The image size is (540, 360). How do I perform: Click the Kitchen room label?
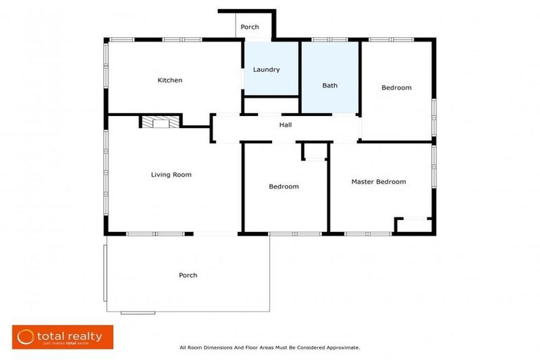[x=169, y=80]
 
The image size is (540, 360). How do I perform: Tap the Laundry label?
[x=266, y=70]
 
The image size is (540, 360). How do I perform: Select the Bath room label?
[x=330, y=86]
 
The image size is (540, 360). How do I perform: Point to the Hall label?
[x=285, y=125]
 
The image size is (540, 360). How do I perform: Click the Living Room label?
[x=171, y=174]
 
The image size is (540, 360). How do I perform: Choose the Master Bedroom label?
[x=378, y=181]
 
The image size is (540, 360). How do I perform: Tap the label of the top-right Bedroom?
[x=397, y=88]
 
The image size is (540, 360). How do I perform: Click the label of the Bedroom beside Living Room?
[x=284, y=186]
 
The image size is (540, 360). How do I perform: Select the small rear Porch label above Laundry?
[x=250, y=27]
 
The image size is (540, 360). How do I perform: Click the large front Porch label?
[x=188, y=275]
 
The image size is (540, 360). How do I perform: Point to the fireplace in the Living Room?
[x=160, y=122]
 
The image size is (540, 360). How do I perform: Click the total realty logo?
[x=63, y=337]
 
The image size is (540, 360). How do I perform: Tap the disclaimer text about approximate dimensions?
[x=270, y=347]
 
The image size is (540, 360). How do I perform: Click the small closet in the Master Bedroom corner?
[x=413, y=226]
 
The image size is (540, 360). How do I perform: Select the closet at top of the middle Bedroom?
[x=314, y=151]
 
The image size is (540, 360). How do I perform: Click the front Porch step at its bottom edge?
[x=138, y=312]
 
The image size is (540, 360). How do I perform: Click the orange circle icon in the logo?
[x=26, y=337]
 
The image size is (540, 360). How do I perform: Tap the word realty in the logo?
[x=84, y=336]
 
